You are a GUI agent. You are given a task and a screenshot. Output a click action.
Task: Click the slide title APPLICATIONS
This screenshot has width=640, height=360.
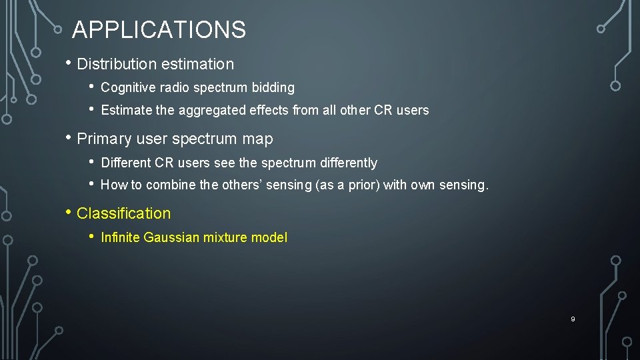tap(159, 30)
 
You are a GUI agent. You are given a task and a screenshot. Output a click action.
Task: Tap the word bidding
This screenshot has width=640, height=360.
tap(273, 88)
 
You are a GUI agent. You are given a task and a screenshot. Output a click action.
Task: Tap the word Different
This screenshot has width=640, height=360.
tap(125, 163)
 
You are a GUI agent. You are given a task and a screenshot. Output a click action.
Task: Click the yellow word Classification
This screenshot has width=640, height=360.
tap(124, 214)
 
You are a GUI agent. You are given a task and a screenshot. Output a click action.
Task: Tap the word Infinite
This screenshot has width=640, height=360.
tap(117, 238)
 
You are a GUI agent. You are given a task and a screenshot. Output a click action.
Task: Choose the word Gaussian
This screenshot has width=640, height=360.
tap(164, 238)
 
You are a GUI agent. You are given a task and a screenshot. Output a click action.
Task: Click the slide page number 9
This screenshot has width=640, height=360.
tap(572, 319)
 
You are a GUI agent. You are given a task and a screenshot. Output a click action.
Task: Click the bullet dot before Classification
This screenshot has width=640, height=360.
tap(69, 213)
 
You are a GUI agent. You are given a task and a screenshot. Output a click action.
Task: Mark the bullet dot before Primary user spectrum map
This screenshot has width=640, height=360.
tap(69, 139)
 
